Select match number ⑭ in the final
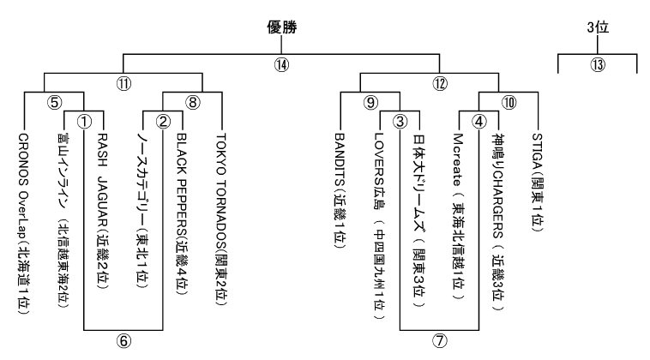(282, 63)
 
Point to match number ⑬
(597, 63)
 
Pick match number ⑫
(440, 84)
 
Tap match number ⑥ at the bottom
(123, 340)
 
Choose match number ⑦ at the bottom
(440, 340)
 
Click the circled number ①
(84, 121)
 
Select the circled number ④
(479, 121)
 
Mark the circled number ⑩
(509, 102)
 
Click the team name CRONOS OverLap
(24, 223)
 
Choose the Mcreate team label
(459, 219)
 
